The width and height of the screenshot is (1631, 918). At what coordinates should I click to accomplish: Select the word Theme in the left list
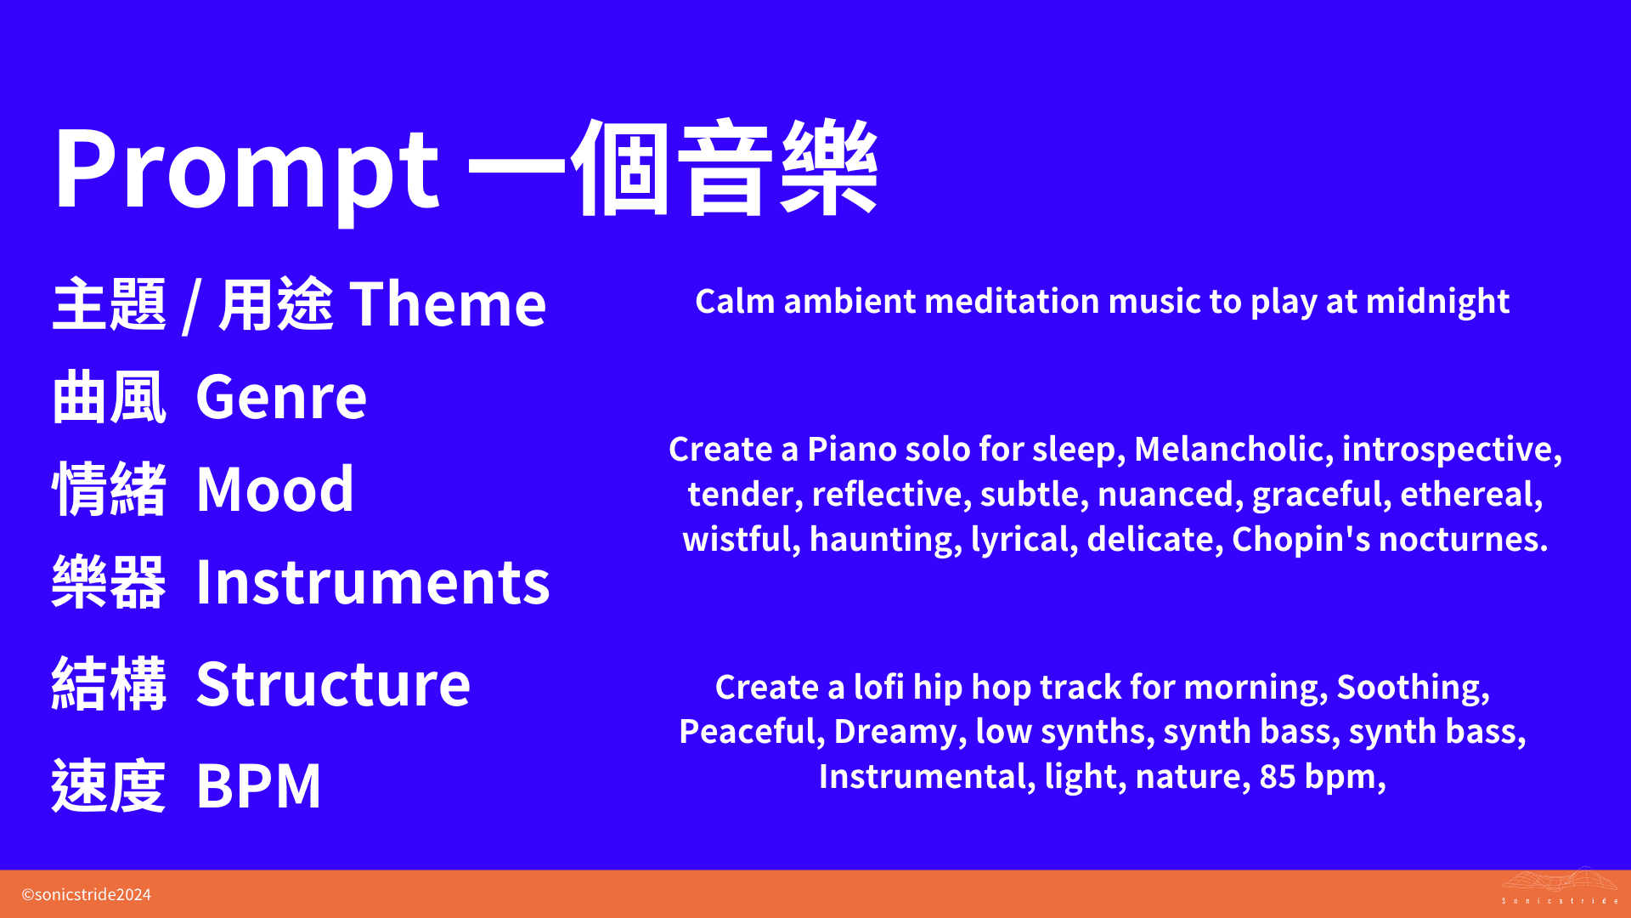448,304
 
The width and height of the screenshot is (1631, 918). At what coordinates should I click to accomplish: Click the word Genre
281,397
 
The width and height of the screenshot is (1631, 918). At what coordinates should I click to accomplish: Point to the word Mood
274,490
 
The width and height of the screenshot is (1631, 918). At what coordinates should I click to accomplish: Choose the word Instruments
373,583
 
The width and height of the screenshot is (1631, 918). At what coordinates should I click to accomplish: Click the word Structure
333,684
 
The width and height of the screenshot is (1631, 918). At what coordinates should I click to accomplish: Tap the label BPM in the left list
258,785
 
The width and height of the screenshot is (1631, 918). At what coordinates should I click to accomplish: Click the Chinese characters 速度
109,785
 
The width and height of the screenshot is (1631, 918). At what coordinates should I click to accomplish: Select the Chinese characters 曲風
109,397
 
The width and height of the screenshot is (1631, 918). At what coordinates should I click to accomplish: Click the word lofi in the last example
878,688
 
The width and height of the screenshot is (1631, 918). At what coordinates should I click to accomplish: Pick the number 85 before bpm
1277,777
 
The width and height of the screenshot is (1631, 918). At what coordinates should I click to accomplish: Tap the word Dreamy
900,732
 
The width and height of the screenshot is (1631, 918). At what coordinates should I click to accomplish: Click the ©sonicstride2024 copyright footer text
86,894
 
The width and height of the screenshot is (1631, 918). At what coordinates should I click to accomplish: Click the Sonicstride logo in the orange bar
1559,887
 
